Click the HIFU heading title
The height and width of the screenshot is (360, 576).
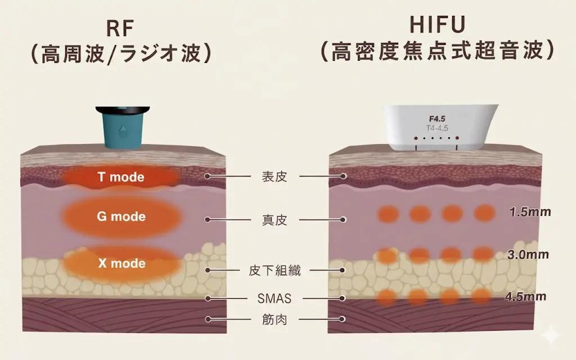(x=438, y=25)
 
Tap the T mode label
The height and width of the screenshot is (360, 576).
(x=121, y=177)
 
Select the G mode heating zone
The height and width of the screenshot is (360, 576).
(x=121, y=217)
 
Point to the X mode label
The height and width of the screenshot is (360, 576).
(x=121, y=263)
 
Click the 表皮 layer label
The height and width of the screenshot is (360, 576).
(x=274, y=177)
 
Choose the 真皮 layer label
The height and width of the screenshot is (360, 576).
(x=274, y=220)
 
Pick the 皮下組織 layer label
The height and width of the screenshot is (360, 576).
(x=274, y=271)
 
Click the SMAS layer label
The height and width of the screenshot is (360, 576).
(x=274, y=298)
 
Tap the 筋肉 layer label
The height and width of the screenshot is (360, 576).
(x=274, y=319)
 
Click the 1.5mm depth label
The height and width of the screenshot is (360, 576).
(x=529, y=213)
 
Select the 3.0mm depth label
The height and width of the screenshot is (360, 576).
(x=528, y=254)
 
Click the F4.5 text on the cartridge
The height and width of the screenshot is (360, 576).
(x=437, y=119)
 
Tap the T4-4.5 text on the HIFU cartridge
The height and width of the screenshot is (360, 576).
(x=437, y=128)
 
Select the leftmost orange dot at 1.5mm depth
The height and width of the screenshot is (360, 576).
(x=388, y=214)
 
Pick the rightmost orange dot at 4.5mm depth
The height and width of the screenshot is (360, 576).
(x=481, y=296)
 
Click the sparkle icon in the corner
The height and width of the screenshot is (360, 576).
(x=551, y=337)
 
